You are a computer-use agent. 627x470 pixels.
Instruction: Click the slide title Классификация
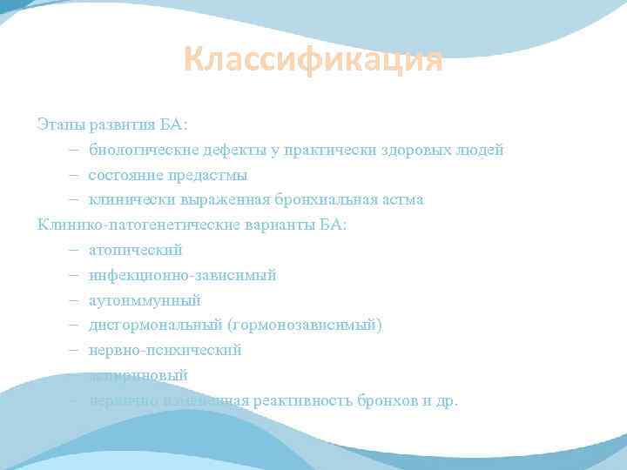pyautogui.click(x=313, y=61)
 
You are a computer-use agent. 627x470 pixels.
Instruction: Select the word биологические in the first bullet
pyautogui.click(x=142, y=150)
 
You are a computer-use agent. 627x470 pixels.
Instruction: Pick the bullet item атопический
pyautogui.click(x=135, y=250)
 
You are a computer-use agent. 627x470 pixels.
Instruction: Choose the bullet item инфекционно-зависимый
pyautogui.click(x=182, y=275)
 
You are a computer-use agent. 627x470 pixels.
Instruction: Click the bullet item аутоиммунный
pyautogui.click(x=144, y=300)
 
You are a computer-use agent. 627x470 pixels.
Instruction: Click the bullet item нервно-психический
pyautogui.click(x=165, y=350)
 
